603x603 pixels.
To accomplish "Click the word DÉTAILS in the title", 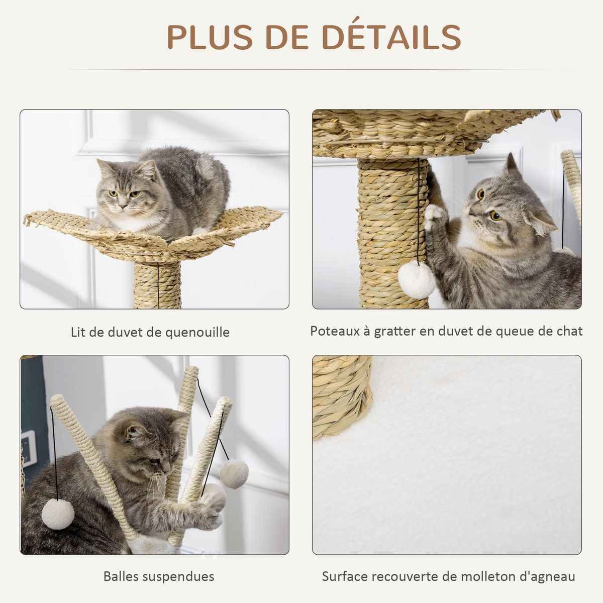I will tap(391, 37).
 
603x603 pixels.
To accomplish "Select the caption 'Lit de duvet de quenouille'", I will tap(150, 332).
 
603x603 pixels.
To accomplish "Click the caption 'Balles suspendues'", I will tap(159, 576).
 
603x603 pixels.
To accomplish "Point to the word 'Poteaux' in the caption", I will tap(333, 331).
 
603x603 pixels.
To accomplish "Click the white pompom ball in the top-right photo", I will tap(417, 280).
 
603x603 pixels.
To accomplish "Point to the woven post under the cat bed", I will tap(157, 284).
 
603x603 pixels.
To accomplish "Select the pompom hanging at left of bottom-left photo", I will tap(58, 514).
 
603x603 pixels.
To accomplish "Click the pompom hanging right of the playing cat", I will tap(234, 473).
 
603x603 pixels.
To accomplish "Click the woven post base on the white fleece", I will tap(342, 397).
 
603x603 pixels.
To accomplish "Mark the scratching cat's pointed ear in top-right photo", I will tap(511, 164).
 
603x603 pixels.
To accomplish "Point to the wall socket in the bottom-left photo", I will tap(29, 448).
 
